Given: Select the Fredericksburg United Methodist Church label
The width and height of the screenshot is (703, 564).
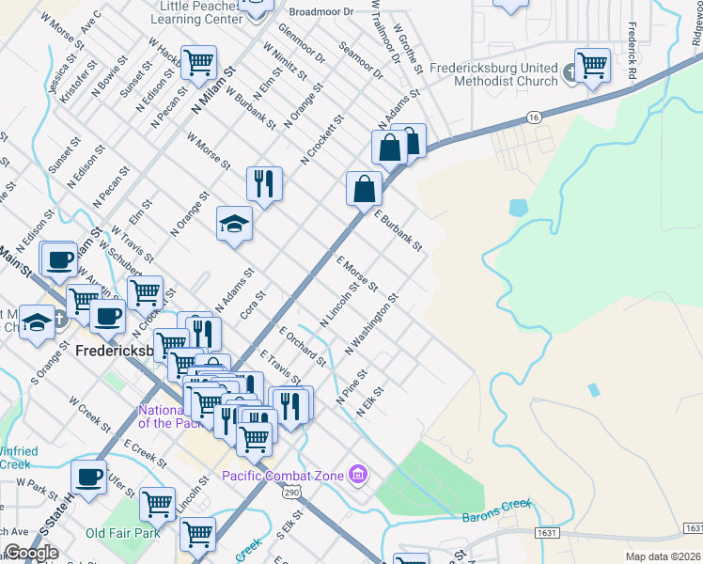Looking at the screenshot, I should click(494, 74).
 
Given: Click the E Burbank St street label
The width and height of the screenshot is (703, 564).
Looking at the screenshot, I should click(398, 230).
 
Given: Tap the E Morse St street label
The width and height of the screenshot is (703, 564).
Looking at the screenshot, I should click(357, 273).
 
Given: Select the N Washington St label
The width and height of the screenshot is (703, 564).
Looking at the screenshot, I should click(371, 324).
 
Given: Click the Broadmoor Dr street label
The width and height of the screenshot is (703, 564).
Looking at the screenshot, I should click(320, 12).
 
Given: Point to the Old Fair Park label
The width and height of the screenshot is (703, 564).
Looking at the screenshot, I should click(121, 534).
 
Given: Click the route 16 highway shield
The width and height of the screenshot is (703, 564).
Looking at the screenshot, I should click(534, 117).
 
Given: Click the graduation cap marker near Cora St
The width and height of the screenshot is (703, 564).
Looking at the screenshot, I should click(234, 224).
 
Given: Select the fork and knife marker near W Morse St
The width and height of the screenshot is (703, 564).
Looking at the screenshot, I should click(265, 183).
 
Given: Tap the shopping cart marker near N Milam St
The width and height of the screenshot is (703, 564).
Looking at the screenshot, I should click(199, 63).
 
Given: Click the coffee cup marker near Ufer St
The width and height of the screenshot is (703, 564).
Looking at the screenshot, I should click(89, 478).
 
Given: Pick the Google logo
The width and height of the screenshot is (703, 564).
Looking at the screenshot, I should click(30, 554).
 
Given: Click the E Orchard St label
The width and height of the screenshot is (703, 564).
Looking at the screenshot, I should click(302, 346).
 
